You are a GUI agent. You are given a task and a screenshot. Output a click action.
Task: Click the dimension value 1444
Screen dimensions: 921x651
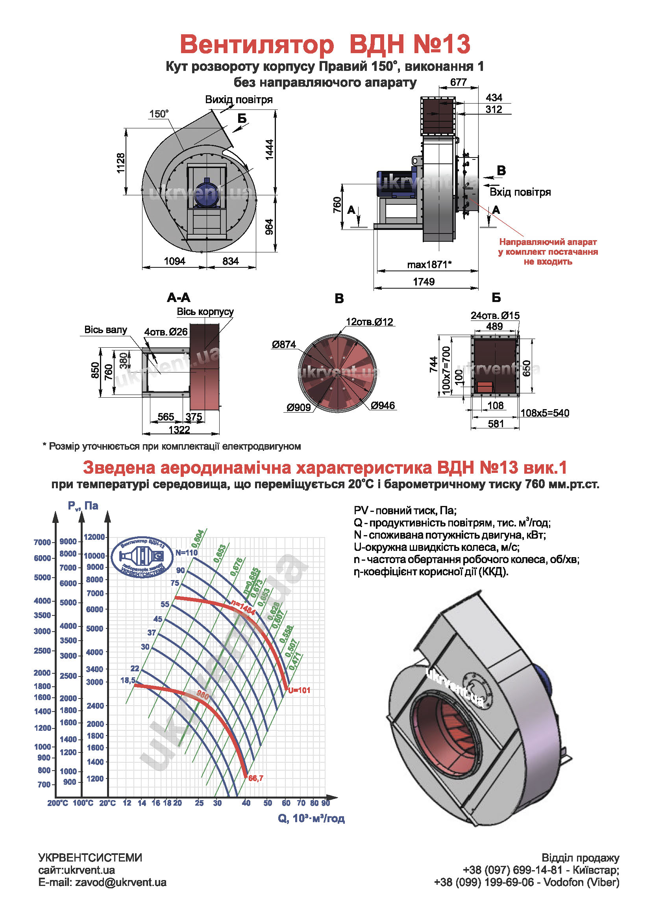pyautogui.click(x=269, y=150)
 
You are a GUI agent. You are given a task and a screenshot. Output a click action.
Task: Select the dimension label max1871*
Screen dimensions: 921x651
pyautogui.click(x=429, y=264)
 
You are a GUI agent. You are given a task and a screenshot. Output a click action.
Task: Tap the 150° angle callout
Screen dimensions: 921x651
pyautogui.click(x=159, y=114)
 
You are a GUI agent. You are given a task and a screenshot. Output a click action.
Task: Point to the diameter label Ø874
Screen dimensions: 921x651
pyautogui.click(x=283, y=344)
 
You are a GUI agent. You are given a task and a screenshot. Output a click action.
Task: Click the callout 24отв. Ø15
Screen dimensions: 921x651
pyautogui.click(x=495, y=315)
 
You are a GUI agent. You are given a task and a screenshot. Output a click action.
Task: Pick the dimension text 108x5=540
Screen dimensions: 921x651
pyautogui.click(x=544, y=413)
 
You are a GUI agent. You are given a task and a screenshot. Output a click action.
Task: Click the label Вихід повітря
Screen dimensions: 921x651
pyautogui.click(x=239, y=100)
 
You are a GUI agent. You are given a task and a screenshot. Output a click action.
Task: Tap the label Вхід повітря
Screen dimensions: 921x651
pyautogui.click(x=520, y=192)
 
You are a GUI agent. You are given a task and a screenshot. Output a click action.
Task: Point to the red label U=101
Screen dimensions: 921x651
pyautogui.click(x=299, y=690)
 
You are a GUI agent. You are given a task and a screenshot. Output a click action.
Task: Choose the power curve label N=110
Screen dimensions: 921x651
pyautogui.click(x=187, y=552)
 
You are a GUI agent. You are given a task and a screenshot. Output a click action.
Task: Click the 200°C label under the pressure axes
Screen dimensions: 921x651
pyautogui.click(x=58, y=803)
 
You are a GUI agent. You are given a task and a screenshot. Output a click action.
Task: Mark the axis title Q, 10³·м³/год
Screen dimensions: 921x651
pyautogui.click(x=311, y=818)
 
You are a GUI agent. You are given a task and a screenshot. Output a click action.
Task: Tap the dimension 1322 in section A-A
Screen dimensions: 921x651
pyautogui.click(x=179, y=430)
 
